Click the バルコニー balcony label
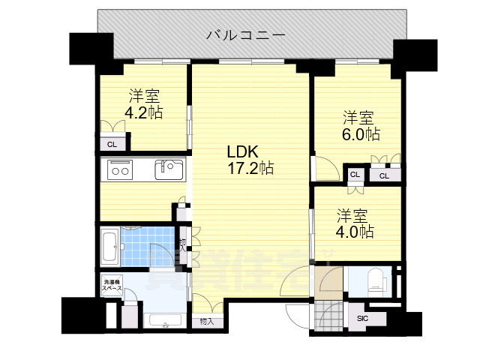(x=244, y=34)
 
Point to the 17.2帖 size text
(x=250, y=169)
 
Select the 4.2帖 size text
(x=145, y=112)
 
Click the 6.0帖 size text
(x=361, y=135)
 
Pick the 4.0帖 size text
(x=355, y=232)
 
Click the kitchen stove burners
(x=120, y=170)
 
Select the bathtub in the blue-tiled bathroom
(x=108, y=246)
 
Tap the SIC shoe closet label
(x=363, y=318)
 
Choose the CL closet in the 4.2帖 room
(x=111, y=144)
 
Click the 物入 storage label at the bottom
(x=207, y=321)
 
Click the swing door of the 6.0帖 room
(x=321, y=169)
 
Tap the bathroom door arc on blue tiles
(x=159, y=253)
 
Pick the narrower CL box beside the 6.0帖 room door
(x=355, y=175)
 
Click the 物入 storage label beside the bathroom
(x=183, y=244)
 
